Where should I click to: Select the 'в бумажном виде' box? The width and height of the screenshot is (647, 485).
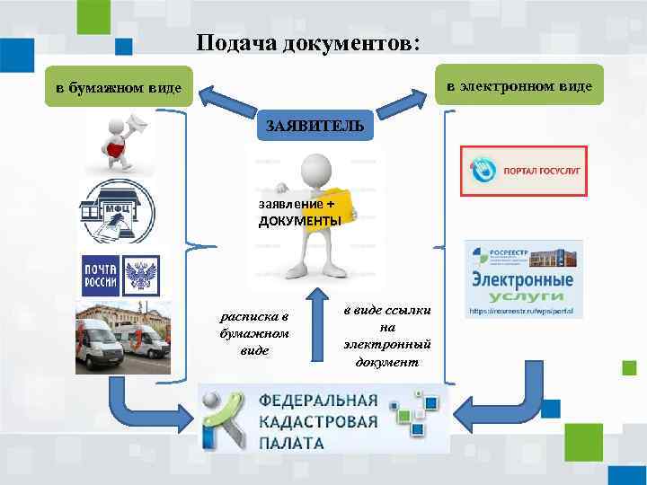click(118, 87)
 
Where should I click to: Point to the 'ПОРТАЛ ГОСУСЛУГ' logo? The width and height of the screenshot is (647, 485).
click(523, 171)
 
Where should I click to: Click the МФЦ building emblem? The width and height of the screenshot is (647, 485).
click(116, 211)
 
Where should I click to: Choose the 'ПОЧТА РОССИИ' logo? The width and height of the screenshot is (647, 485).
click(100, 274)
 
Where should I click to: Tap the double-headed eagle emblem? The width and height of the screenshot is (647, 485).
click(140, 274)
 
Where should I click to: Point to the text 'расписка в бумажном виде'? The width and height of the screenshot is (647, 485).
click(254, 333)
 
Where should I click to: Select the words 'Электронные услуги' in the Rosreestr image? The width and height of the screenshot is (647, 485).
click(523, 288)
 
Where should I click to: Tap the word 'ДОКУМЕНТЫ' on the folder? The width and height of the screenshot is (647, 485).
click(299, 221)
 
